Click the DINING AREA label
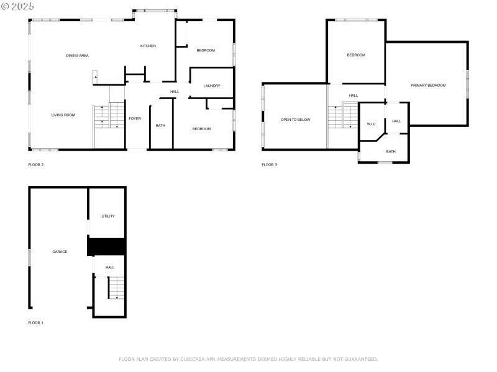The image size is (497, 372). pos(78,56)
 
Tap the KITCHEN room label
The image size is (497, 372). pos(148,46)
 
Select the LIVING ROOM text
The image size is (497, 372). pos(63,115)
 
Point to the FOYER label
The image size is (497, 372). pos(135,118)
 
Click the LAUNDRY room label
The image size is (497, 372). pos(212,86)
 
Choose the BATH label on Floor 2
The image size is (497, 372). pos(160,126)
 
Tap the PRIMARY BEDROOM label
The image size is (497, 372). pos(428,85)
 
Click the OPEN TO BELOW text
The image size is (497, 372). pos(295,120)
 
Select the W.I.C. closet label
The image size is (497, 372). pos(372,124)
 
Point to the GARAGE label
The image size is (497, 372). pos(60,252)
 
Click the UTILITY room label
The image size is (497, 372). pos(108,216)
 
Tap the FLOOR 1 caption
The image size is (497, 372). pos(36,323)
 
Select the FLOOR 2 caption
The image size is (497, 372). pos(36,165)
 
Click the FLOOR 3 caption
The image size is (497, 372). pos(270,165)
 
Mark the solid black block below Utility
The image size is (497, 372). pos(107,246)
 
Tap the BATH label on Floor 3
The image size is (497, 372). pos(391,152)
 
